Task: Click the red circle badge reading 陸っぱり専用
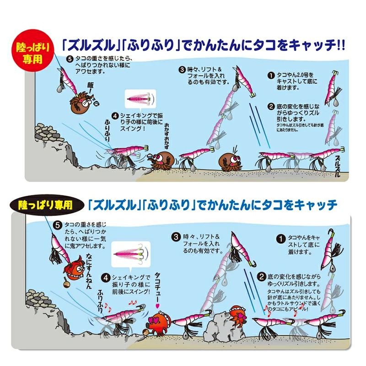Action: pyautogui.click(x=32, y=50)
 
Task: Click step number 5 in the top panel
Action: pyautogui.click(x=70, y=59)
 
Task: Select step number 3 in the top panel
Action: pyautogui.click(x=182, y=70)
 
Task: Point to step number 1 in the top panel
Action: pyautogui.click(x=271, y=75)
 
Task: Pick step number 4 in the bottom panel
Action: pyautogui.click(x=106, y=278)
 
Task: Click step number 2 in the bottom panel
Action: pyautogui.click(x=262, y=277)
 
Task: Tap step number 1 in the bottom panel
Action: pyautogui.click(x=280, y=238)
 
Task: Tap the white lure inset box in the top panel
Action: pyautogui.click(x=140, y=99)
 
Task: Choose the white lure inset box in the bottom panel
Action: pyautogui.click(x=131, y=254)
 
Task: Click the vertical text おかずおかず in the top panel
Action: pyautogui.click(x=166, y=136)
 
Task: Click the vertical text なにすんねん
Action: pyautogui.click(x=89, y=271)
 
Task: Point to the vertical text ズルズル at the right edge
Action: pyautogui.click(x=338, y=166)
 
